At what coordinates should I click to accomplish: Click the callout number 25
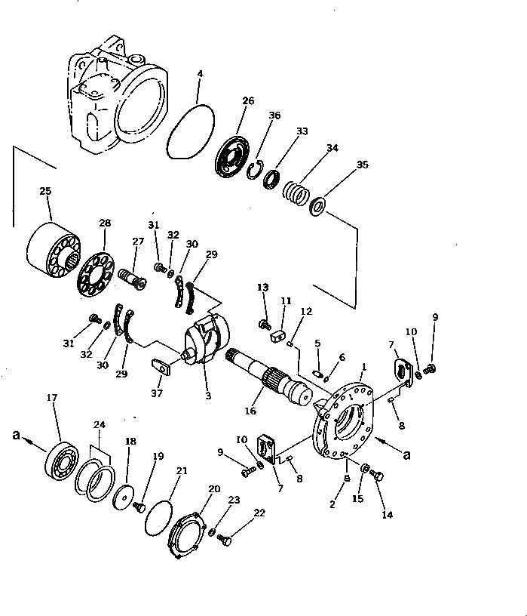click(45, 191)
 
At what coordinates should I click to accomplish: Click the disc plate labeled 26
click(231, 157)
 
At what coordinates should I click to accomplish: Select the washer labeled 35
click(318, 205)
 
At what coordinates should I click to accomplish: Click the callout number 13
click(262, 288)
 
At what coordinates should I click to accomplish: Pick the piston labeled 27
click(132, 279)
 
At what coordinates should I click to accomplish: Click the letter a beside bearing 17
click(17, 436)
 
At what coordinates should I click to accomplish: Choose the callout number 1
click(363, 367)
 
